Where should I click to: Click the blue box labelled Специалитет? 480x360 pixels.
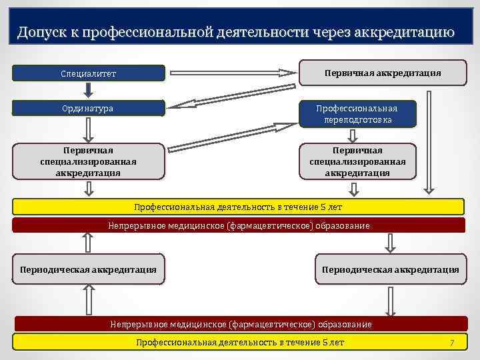(89, 73)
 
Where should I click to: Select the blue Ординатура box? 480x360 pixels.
(89, 108)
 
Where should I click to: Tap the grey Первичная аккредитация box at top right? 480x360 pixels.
(383, 73)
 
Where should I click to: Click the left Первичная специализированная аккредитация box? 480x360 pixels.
(89, 162)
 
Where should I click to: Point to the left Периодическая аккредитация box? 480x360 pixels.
(89, 269)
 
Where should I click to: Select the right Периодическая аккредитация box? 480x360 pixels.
(390, 269)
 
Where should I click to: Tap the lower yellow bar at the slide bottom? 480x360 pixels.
(239, 342)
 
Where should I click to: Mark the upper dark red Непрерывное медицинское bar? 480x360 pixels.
(239, 225)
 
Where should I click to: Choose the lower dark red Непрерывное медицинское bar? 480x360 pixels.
(239, 324)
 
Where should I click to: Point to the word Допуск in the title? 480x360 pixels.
(41, 32)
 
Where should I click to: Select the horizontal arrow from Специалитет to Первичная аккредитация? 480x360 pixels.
(233, 72)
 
